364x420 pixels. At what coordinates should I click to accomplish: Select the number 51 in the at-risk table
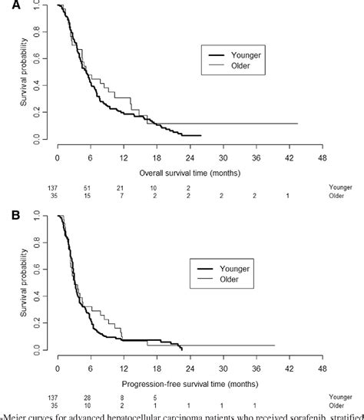(89, 187)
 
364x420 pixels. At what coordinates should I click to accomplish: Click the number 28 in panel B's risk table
(89, 397)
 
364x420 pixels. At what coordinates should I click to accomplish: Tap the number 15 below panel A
(89, 196)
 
